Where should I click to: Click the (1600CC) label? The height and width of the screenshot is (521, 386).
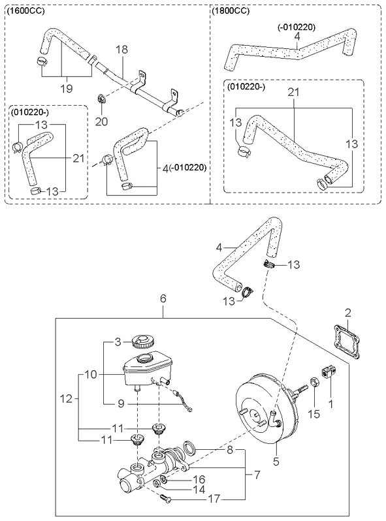pos(25,11)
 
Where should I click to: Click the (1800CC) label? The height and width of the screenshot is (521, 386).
pos(231,11)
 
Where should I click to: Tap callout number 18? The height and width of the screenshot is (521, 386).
pos(121,50)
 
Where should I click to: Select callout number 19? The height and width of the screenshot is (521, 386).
pos(67,88)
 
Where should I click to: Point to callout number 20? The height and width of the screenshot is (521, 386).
pos(102,121)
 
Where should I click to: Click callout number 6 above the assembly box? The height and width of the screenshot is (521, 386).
pos(163,298)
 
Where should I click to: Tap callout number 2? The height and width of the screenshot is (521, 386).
pos(347,313)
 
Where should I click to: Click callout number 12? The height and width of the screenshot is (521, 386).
pos(67,398)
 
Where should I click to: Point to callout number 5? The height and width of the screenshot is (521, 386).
pos(276,462)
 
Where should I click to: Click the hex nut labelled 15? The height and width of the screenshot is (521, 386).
pos(314,383)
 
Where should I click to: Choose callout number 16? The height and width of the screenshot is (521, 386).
pos(199,479)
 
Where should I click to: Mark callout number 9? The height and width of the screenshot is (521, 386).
pos(121,403)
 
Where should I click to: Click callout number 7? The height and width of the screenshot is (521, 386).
pos(257,475)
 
